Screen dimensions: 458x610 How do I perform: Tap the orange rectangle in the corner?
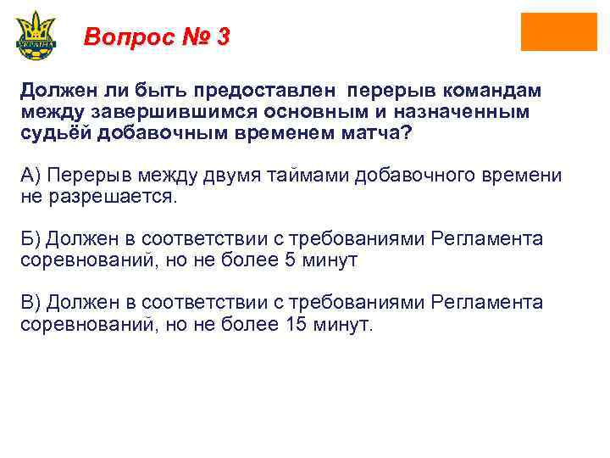pyautogui.click(x=558, y=31)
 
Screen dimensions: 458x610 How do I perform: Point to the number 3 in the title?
pyautogui.click(x=222, y=37)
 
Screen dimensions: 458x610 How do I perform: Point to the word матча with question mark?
pyautogui.click(x=381, y=134)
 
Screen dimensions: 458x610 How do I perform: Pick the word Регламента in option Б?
pyautogui.click(x=486, y=238)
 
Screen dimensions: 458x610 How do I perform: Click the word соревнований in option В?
pyautogui.click(x=74, y=325)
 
